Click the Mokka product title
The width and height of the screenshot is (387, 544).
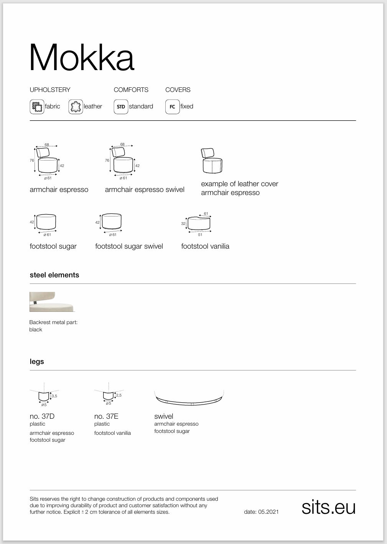tap(82, 57)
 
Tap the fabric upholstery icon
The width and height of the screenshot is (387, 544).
tap(37, 107)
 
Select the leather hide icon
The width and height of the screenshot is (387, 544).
tap(76, 107)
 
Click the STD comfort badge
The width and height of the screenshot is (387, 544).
tap(121, 107)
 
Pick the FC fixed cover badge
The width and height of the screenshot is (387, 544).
tap(172, 107)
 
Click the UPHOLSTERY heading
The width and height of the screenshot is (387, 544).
tap(50, 90)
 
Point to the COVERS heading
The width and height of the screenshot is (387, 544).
tap(178, 90)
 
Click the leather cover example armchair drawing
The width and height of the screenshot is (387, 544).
tap(212, 161)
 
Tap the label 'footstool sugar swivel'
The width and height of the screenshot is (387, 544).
tap(129, 246)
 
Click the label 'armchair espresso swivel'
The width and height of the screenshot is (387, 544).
tap(145, 190)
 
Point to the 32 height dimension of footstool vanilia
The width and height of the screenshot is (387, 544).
tap(183, 223)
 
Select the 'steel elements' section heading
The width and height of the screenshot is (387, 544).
tap(54, 275)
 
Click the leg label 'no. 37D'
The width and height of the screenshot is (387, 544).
tap(42, 416)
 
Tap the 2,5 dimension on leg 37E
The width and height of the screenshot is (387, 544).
tap(119, 395)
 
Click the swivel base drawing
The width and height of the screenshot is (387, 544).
tap(189, 398)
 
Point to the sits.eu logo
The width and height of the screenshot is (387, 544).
tap(328, 507)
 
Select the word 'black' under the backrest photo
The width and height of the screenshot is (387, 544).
tap(36, 329)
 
